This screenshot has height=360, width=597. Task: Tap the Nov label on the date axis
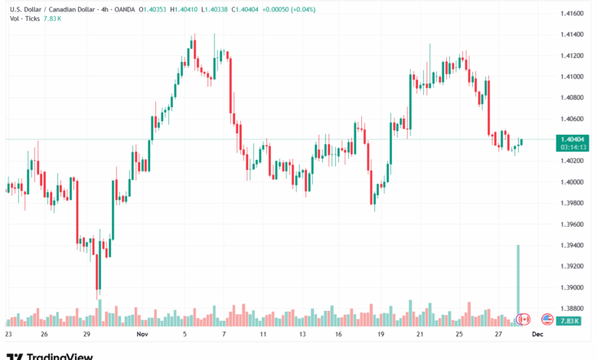pos(141,335)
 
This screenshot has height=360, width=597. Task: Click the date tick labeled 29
pos(88,335)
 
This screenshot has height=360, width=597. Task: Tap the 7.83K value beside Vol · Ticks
pos(52,18)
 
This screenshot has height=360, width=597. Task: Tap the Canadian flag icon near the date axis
pos(524,319)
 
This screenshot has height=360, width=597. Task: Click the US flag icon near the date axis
pos(547,319)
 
